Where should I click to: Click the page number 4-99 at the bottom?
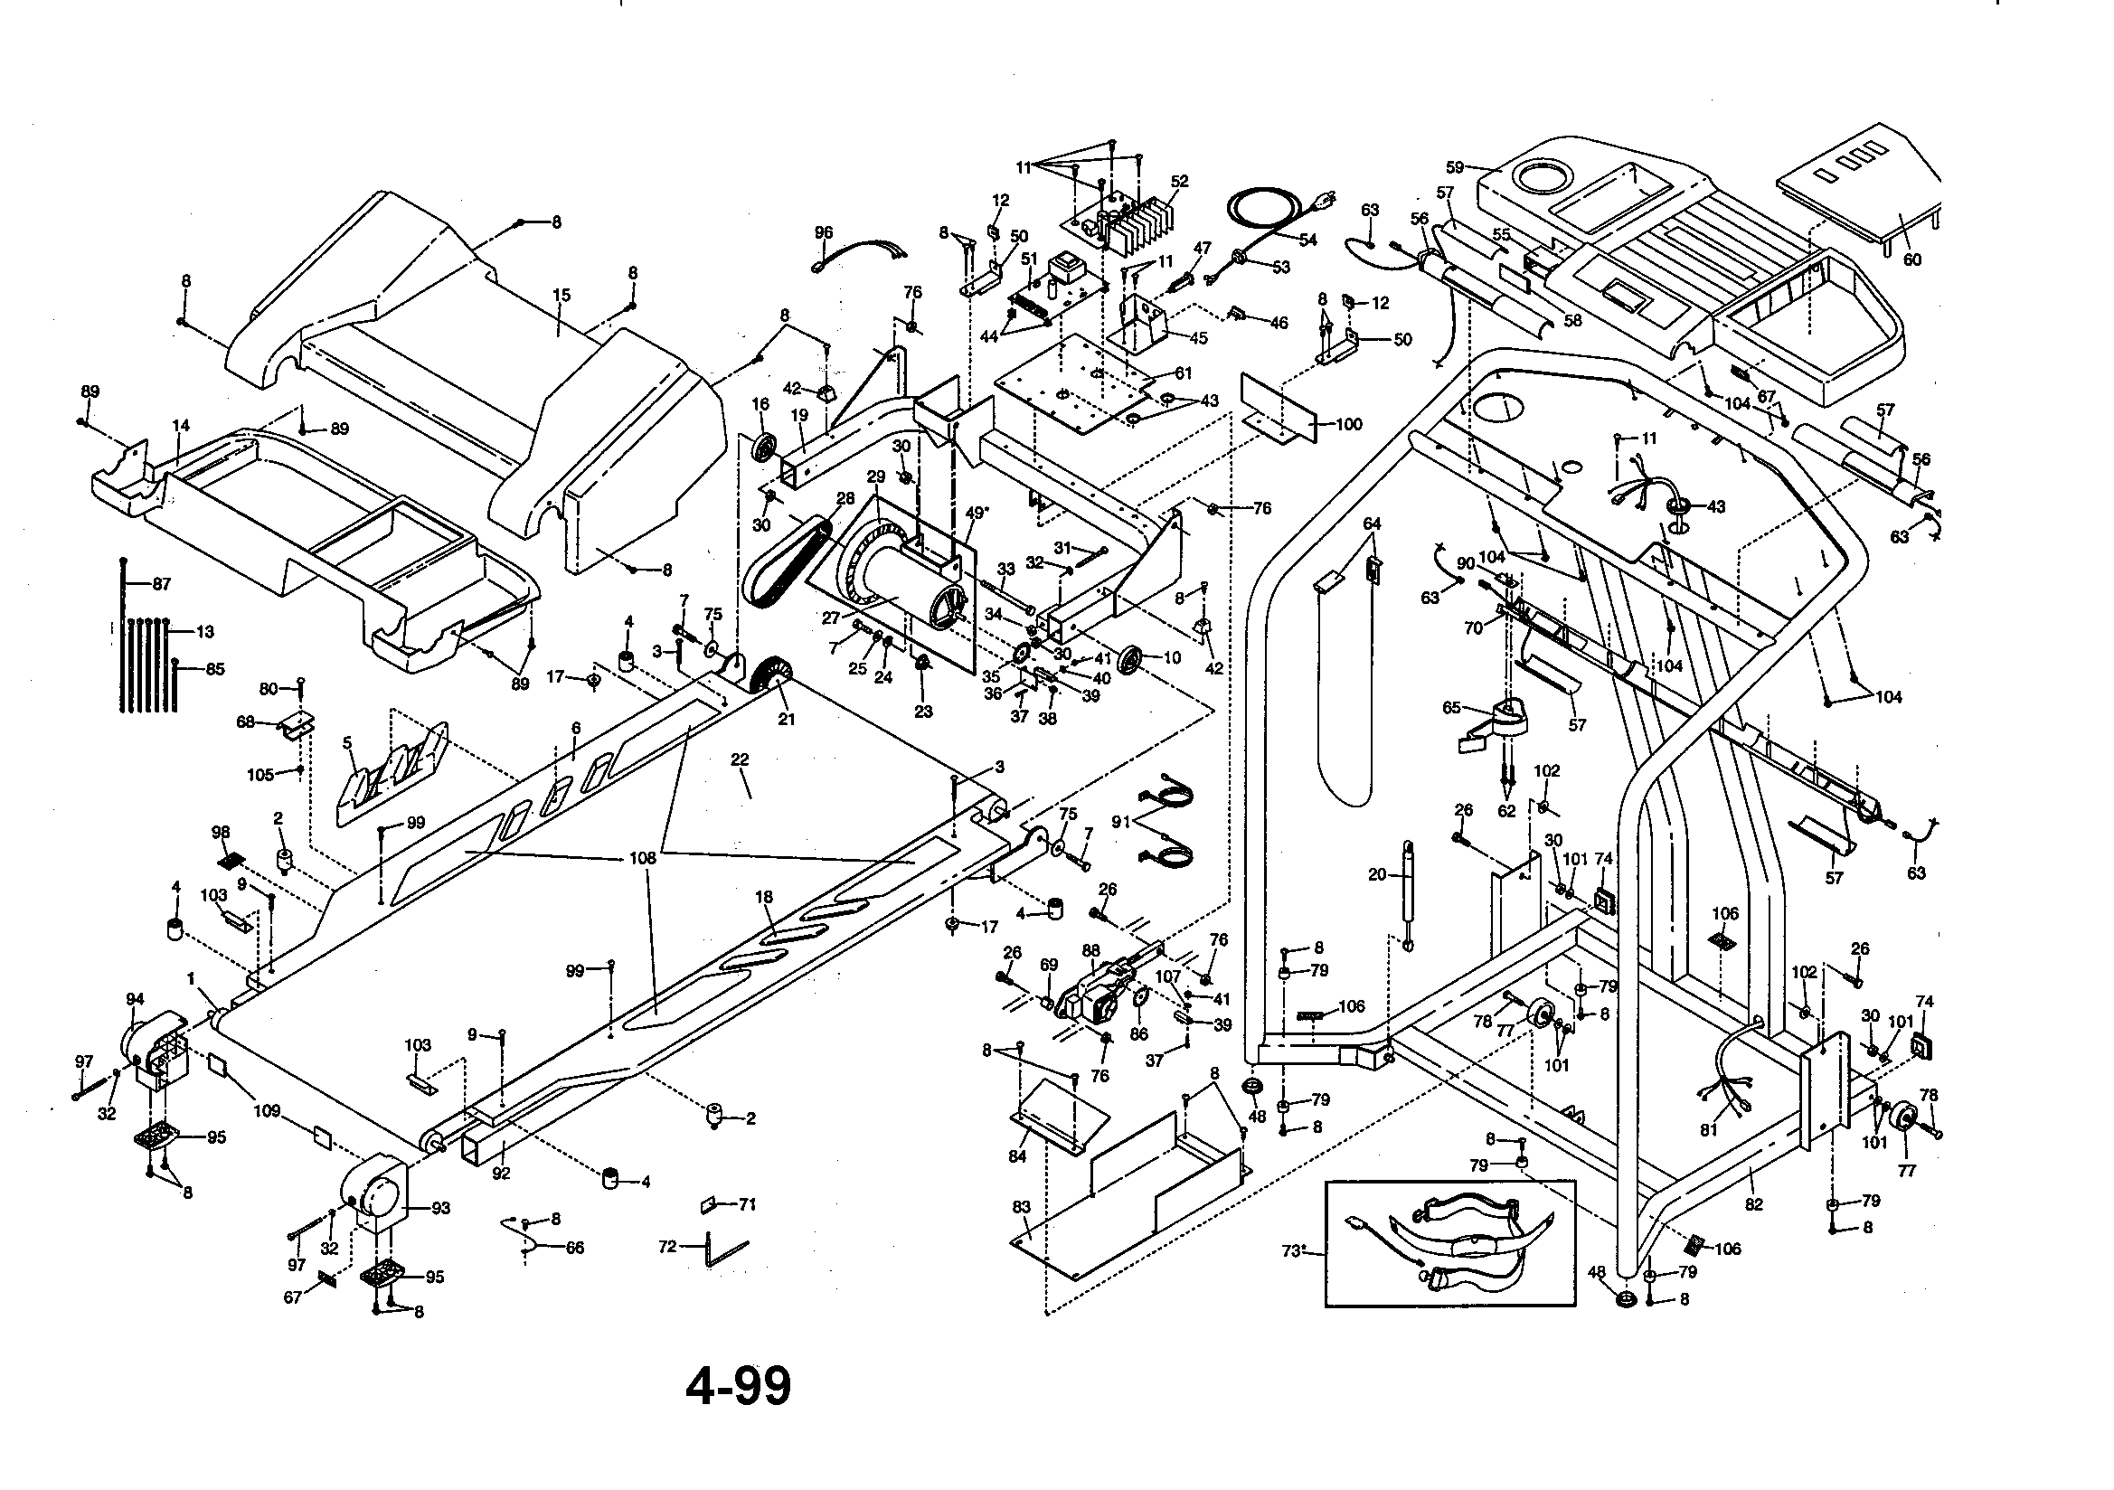click(738, 1386)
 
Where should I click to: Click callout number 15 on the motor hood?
click(561, 295)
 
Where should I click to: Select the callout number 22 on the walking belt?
click(740, 759)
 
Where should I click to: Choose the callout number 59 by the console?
click(1455, 167)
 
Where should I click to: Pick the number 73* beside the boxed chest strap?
click(1294, 1250)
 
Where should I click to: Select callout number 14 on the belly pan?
click(181, 426)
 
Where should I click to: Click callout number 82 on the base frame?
click(1753, 1203)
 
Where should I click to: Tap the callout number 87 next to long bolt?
click(161, 584)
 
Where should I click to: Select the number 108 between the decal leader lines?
click(642, 857)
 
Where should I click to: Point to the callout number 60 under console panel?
click(1911, 259)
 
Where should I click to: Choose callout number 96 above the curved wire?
click(823, 233)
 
